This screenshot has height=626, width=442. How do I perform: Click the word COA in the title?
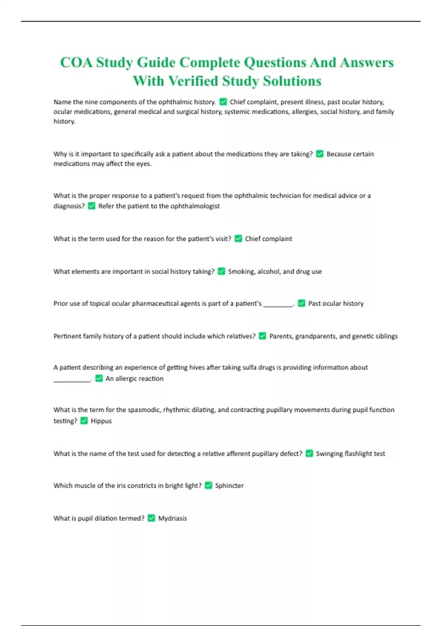76,63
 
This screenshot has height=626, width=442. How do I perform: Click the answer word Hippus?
101,421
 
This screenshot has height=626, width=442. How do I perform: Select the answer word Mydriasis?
172,518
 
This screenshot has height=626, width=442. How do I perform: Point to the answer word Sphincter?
229,485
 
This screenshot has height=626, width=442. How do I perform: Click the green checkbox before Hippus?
84,421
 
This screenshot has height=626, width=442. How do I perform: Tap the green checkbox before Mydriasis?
151,518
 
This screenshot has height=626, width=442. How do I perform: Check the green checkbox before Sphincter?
208,485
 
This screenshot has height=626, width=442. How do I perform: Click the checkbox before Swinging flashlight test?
309,453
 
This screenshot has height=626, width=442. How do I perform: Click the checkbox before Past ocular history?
301,303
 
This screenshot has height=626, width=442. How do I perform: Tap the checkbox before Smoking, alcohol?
221,271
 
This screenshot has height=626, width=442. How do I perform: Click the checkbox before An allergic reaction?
99,378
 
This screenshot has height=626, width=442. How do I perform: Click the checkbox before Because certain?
320,154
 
